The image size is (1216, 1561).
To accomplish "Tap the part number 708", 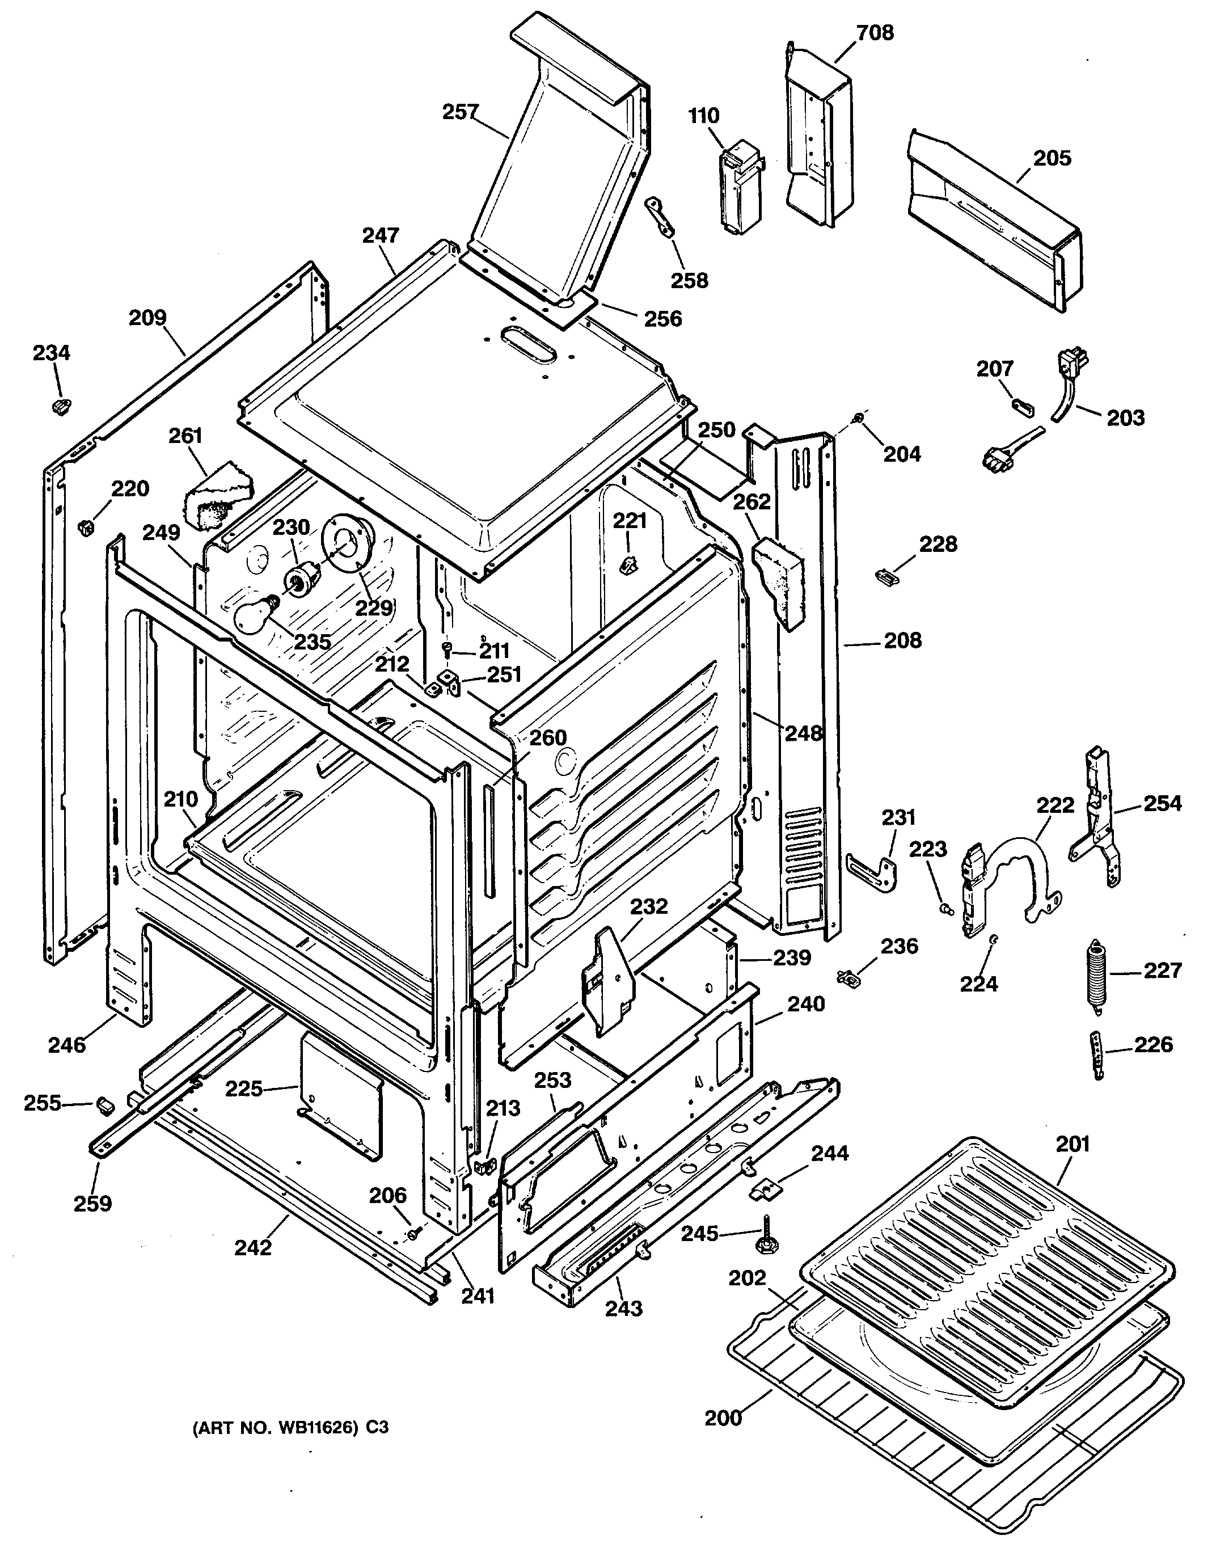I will [x=875, y=33].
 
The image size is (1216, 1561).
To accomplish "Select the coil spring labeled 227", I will [x=1099, y=976].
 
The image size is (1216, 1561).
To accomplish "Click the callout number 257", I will [x=459, y=112].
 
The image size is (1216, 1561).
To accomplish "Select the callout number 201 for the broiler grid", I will [x=1073, y=1144].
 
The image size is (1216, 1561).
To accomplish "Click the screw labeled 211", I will [x=447, y=648].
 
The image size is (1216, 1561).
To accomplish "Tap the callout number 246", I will [x=66, y=1045].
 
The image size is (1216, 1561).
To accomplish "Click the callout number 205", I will [x=1052, y=158].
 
